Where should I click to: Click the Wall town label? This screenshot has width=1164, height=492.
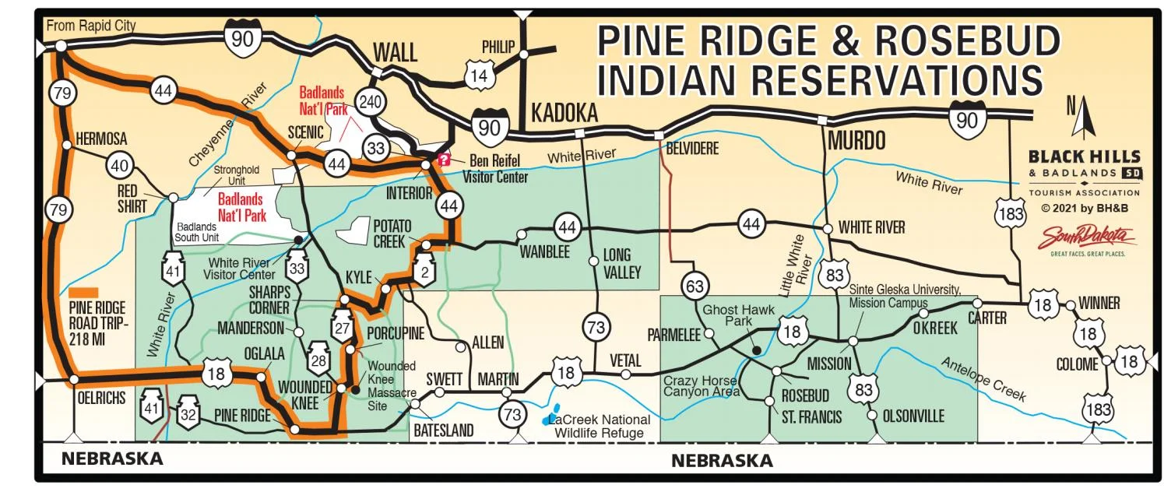(396, 53)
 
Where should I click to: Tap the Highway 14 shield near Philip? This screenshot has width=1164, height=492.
(478, 76)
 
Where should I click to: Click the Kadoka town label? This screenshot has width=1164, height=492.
(564, 114)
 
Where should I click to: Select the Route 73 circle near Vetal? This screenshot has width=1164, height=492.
(596, 328)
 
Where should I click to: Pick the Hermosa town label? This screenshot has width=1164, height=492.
(100, 139)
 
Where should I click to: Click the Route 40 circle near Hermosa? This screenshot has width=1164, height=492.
(119, 165)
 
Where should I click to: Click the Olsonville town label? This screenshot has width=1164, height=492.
(913, 416)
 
